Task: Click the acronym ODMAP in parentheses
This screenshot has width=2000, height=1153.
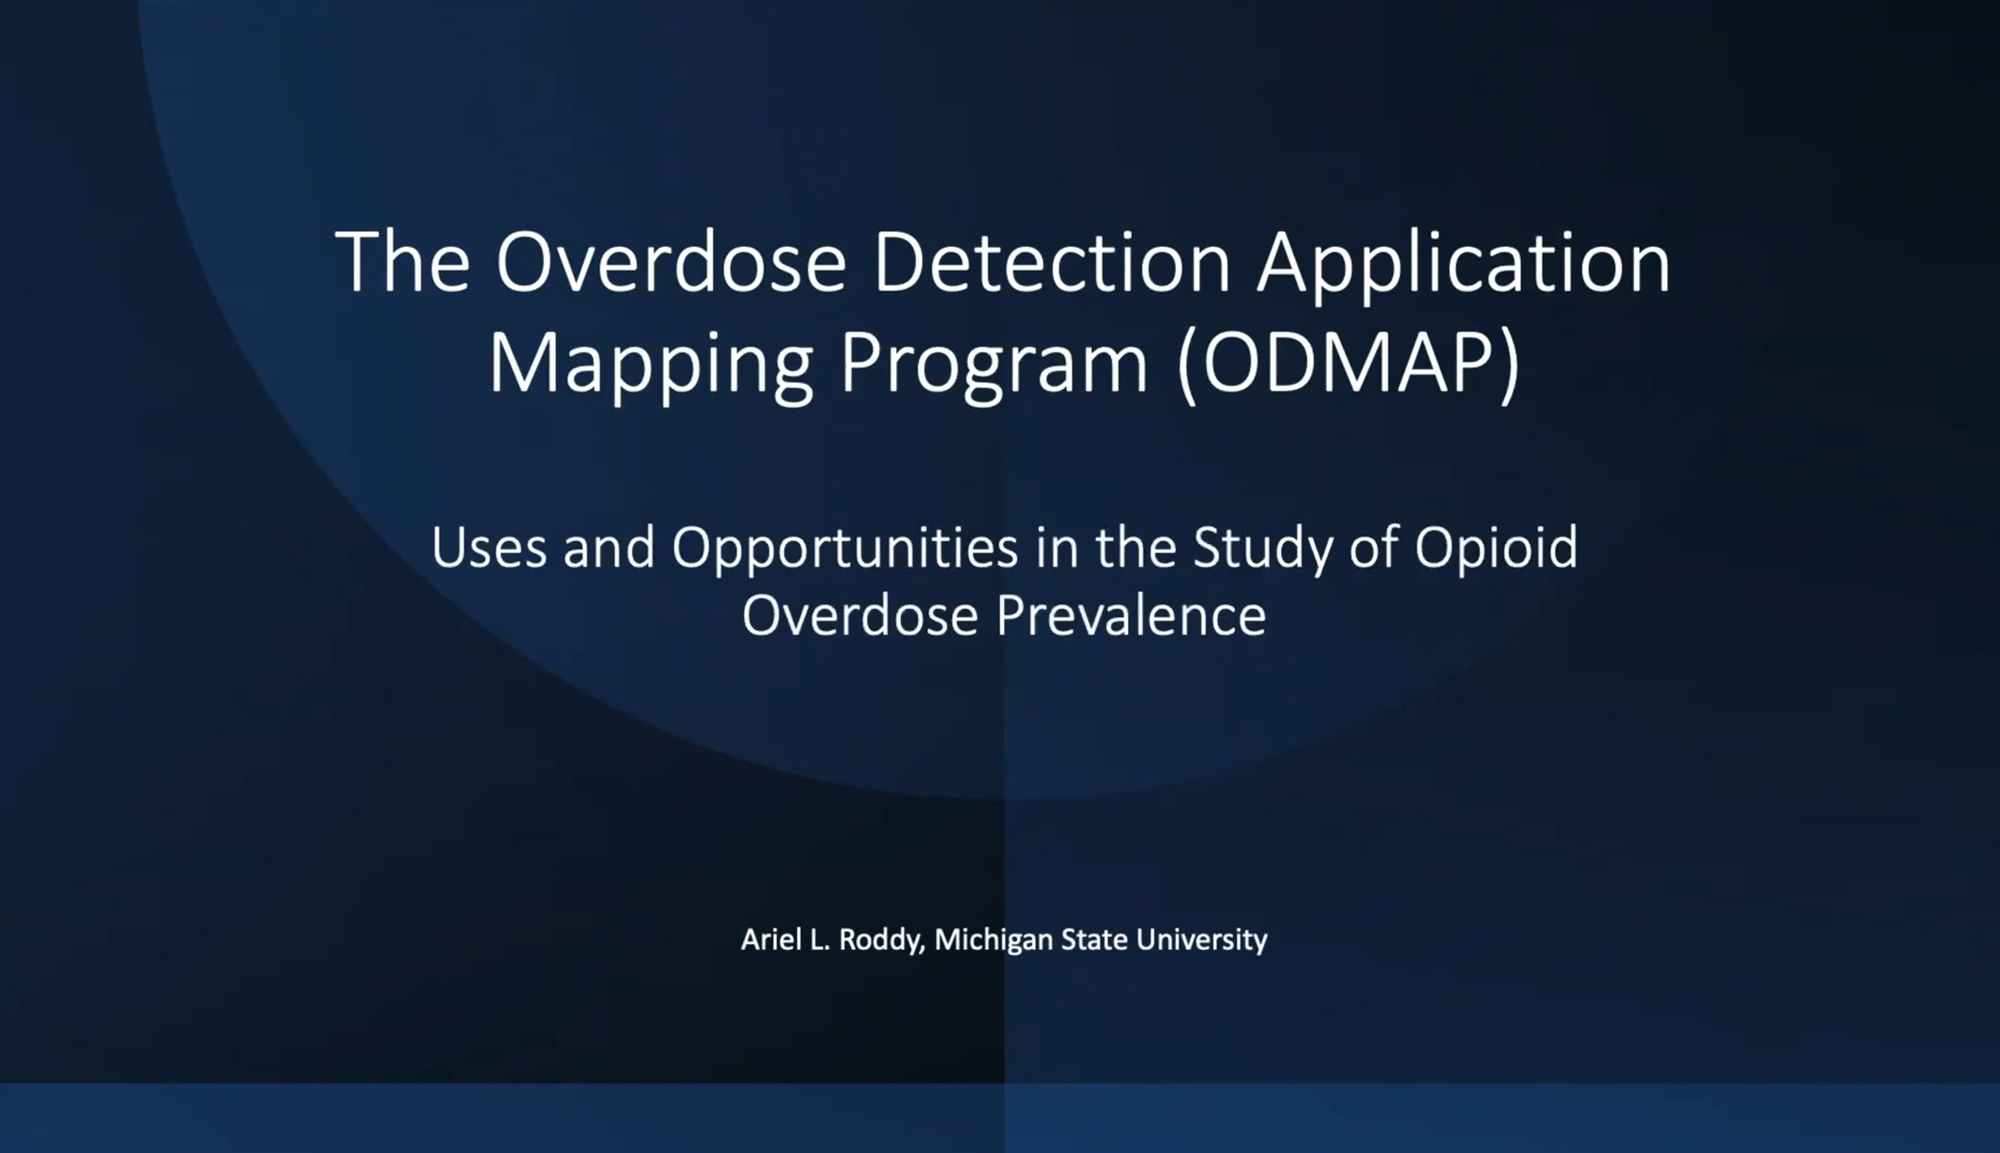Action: point(1349,362)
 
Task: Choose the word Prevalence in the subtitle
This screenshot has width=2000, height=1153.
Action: point(1131,616)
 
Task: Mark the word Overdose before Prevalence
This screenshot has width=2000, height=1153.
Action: point(861,616)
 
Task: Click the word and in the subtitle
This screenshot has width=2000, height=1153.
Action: point(609,548)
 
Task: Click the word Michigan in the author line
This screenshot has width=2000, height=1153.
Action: point(994,941)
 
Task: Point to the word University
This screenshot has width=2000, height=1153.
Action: point(1202,941)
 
